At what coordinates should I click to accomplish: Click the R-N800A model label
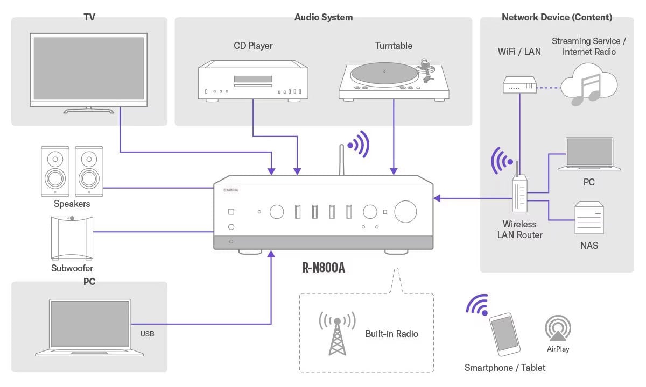(323, 267)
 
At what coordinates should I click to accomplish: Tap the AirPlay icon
(558, 328)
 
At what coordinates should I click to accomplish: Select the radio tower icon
(337, 333)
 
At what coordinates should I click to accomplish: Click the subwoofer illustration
(72, 237)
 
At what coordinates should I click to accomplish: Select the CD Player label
(253, 46)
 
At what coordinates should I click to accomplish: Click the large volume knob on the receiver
(405, 212)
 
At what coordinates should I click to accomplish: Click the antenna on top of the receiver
(341, 160)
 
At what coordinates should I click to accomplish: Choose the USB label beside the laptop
(147, 334)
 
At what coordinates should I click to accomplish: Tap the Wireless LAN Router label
(519, 230)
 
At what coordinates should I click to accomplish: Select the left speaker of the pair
(55, 170)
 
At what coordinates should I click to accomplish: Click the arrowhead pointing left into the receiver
(437, 198)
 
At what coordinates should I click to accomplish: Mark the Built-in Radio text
(391, 334)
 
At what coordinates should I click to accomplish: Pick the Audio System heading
(323, 17)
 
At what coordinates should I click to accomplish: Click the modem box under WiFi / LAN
(520, 85)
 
